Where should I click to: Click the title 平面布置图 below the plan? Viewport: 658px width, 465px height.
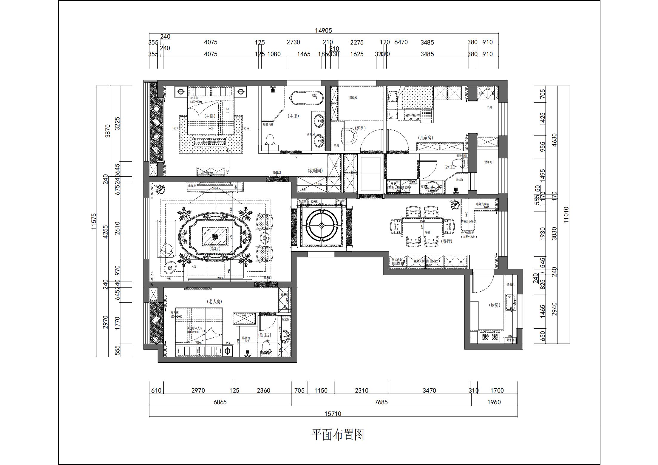coord(338,435)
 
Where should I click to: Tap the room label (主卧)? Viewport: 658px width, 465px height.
coord(210,116)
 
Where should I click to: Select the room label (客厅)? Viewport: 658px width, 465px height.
coord(214,248)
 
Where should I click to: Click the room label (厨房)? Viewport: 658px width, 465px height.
coord(494,305)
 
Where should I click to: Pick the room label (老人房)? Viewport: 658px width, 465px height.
coord(214,302)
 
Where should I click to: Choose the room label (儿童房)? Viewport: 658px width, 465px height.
coord(425,138)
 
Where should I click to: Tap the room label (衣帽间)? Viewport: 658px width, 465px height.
coord(315,171)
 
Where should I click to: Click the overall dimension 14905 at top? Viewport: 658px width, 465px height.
coord(323,30)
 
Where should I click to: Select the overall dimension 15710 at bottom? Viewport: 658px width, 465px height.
coord(333,414)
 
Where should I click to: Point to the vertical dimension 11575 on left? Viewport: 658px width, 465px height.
coord(94,221)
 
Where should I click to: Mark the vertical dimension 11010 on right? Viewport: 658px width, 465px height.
coord(566,215)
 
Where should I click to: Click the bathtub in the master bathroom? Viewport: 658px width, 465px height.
coord(306,98)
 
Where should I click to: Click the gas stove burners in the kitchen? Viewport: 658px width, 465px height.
coord(489,337)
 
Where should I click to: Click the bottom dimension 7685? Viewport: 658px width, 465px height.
coord(381,402)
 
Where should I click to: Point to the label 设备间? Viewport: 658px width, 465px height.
coord(488,162)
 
